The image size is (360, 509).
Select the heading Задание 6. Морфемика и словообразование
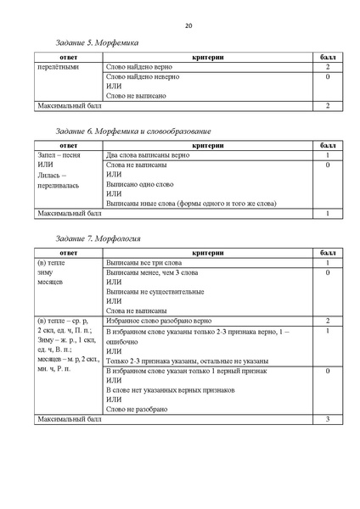pyautogui.click(x=133, y=132)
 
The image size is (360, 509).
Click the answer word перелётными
pyautogui.click(x=59, y=66)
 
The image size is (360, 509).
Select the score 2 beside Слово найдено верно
pyautogui.click(x=327, y=66)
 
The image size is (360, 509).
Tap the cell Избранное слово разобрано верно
pyautogui.click(x=163, y=322)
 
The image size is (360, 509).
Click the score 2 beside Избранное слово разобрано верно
pyautogui.click(x=327, y=322)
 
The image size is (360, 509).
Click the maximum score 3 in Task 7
pyautogui.click(x=327, y=420)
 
